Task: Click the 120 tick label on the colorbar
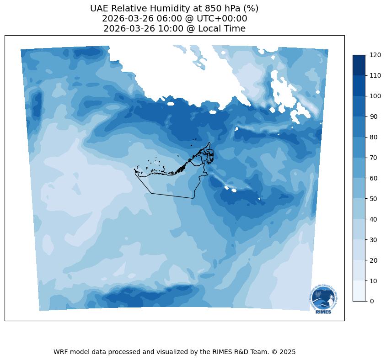[375, 55]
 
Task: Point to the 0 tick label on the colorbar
[372, 301]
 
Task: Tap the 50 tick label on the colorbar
[374, 199]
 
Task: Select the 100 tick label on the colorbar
[375, 96]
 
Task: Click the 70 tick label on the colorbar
[374, 158]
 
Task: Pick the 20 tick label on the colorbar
[374, 260]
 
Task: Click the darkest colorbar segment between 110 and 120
[359, 65]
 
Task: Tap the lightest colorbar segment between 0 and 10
[359, 291]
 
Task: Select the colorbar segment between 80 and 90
[359, 127]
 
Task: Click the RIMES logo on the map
[324, 299]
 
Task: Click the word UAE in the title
[100, 9]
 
